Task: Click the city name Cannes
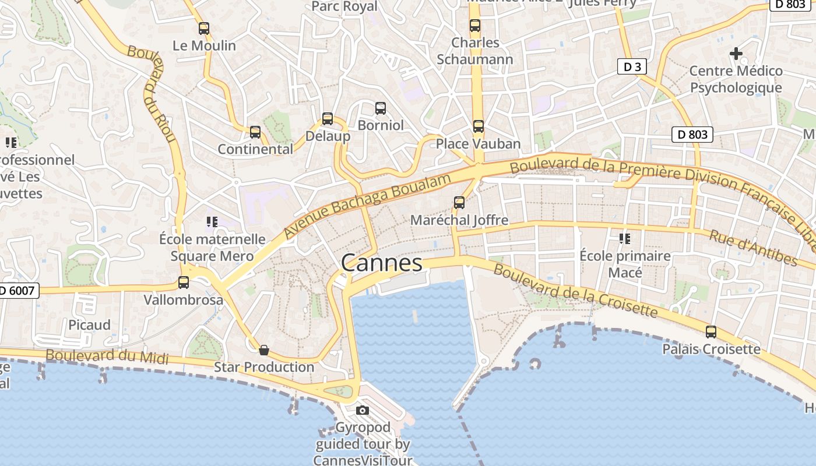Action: [x=382, y=263]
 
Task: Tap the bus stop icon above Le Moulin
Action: [x=204, y=28]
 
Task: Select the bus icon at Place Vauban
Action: [x=479, y=126]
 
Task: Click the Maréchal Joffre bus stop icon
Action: [x=459, y=203]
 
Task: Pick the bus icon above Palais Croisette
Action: [x=711, y=332]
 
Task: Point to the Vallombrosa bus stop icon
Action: [x=184, y=283]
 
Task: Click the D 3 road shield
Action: [x=632, y=67]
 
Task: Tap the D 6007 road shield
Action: [x=17, y=290]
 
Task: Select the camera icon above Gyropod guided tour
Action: [x=363, y=411]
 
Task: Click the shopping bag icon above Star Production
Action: [x=264, y=349]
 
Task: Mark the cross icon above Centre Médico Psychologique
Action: [x=736, y=54]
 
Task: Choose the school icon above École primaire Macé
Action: [x=625, y=238]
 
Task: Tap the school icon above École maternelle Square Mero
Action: [x=212, y=221]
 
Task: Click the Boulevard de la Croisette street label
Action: [x=575, y=291]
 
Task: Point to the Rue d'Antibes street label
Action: [x=752, y=248]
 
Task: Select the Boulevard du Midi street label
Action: [x=107, y=356]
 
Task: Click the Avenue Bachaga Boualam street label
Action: [x=368, y=206]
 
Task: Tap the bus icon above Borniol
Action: [x=381, y=108]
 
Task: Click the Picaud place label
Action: [x=90, y=325]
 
